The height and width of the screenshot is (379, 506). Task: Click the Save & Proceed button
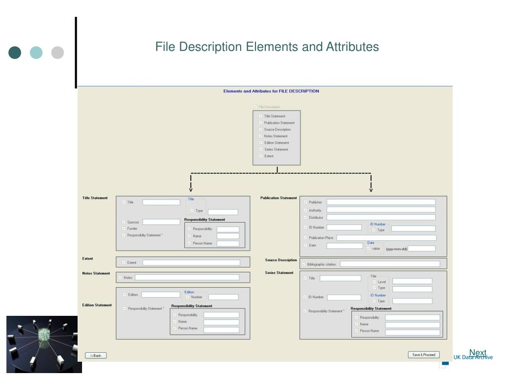tap(423, 355)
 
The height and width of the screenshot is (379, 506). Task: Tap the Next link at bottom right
tap(477, 352)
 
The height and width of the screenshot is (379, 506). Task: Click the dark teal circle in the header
tap(15, 53)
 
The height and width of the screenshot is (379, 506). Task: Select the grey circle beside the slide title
tap(58, 53)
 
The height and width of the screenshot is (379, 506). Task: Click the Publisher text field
tap(381, 202)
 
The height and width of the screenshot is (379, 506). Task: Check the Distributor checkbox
tap(305, 218)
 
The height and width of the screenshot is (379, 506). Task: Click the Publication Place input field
tap(386, 238)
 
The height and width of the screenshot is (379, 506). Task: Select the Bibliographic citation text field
tap(389, 264)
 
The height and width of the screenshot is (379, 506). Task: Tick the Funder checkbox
tap(124, 228)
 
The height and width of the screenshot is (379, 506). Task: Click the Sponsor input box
tap(161, 222)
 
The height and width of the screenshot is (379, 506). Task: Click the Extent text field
tap(191, 263)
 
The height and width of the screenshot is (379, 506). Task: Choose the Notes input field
tap(187, 277)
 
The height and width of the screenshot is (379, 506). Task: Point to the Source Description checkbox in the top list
tap(260, 129)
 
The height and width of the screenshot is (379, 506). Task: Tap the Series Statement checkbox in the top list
tap(260, 150)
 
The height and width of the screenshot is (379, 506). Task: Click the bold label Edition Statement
tap(97, 305)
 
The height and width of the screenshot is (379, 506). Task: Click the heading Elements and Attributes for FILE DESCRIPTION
tap(271, 91)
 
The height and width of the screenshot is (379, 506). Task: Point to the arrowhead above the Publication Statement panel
tap(371, 190)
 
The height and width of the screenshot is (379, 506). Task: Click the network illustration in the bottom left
tap(43, 344)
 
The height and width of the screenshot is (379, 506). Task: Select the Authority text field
tap(381, 210)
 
